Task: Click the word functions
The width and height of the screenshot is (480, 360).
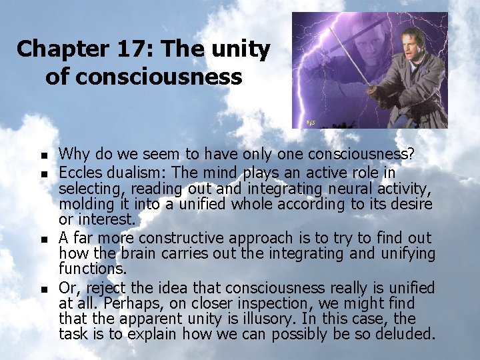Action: (x=87, y=268)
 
